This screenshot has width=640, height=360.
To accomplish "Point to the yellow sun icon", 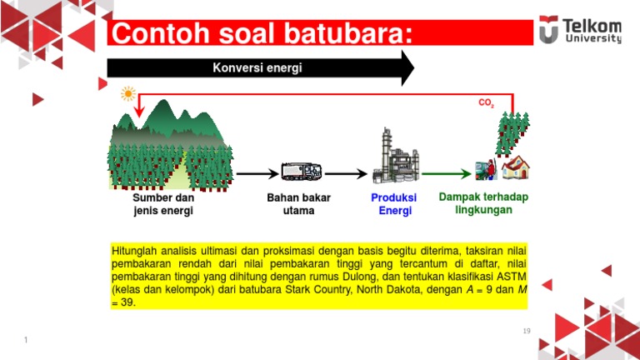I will (128, 93).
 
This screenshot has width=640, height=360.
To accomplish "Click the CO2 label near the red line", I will (486, 104).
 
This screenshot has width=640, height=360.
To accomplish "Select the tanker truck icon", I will (301, 172).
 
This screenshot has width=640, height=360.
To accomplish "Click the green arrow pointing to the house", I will (446, 173).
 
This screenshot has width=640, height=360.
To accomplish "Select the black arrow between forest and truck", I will (257, 173).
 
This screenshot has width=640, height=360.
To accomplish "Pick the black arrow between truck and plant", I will (345, 173).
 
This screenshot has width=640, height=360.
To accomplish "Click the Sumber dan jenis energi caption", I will (163, 204).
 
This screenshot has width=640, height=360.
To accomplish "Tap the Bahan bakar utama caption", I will (298, 204).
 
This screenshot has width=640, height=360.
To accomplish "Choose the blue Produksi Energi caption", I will (394, 204).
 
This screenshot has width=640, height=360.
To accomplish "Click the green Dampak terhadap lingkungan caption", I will (483, 203).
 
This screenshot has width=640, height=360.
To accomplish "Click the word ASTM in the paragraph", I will (510, 276).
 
